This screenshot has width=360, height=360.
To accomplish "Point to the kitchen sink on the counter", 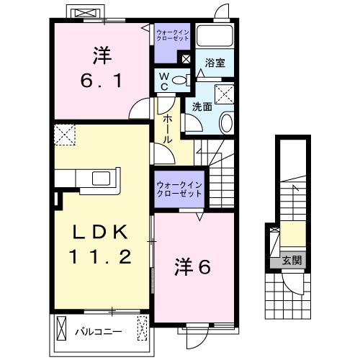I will [x=99, y=177].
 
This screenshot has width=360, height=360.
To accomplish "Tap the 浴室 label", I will [x=215, y=63].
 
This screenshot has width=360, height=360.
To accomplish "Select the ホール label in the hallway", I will [x=166, y=127].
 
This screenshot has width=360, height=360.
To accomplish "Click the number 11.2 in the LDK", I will [x=100, y=256].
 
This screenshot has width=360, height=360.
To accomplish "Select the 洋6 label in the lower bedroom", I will [x=192, y=268].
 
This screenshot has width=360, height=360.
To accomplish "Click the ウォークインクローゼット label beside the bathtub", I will [x=173, y=34].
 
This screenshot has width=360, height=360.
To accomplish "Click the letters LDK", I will [x=100, y=232].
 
